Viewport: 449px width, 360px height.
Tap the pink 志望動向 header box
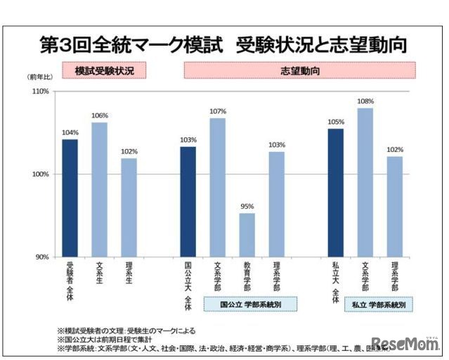[x=299, y=70]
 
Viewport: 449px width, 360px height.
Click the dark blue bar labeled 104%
[x=70, y=198]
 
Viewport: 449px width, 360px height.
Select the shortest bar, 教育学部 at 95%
[x=247, y=234]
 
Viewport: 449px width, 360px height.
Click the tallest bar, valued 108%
[x=365, y=182]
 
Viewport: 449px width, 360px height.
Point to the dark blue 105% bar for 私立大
[x=335, y=192]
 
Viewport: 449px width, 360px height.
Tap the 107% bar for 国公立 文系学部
[x=218, y=187]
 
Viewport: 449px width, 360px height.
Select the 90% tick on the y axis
[x=41, y=257]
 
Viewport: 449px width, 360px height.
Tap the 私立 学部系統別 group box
[x=378, y=304]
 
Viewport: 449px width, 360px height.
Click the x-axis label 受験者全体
[x=70, y=281]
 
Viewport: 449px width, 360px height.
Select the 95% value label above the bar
[x=247, y=207]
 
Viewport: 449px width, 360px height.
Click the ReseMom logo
[x=405, y=342]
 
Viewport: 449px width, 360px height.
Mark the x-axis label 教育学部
[x=247, y=278]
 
